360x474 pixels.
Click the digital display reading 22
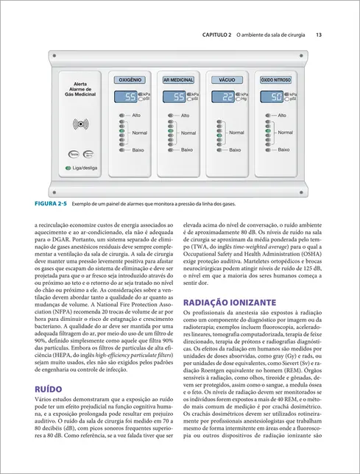click(227, 96)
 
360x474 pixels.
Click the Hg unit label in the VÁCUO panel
click(244, 99)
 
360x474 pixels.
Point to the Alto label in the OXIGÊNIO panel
click(136, 116)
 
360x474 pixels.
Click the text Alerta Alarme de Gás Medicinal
click(80, 89)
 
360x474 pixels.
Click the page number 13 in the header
click(318, 35)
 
